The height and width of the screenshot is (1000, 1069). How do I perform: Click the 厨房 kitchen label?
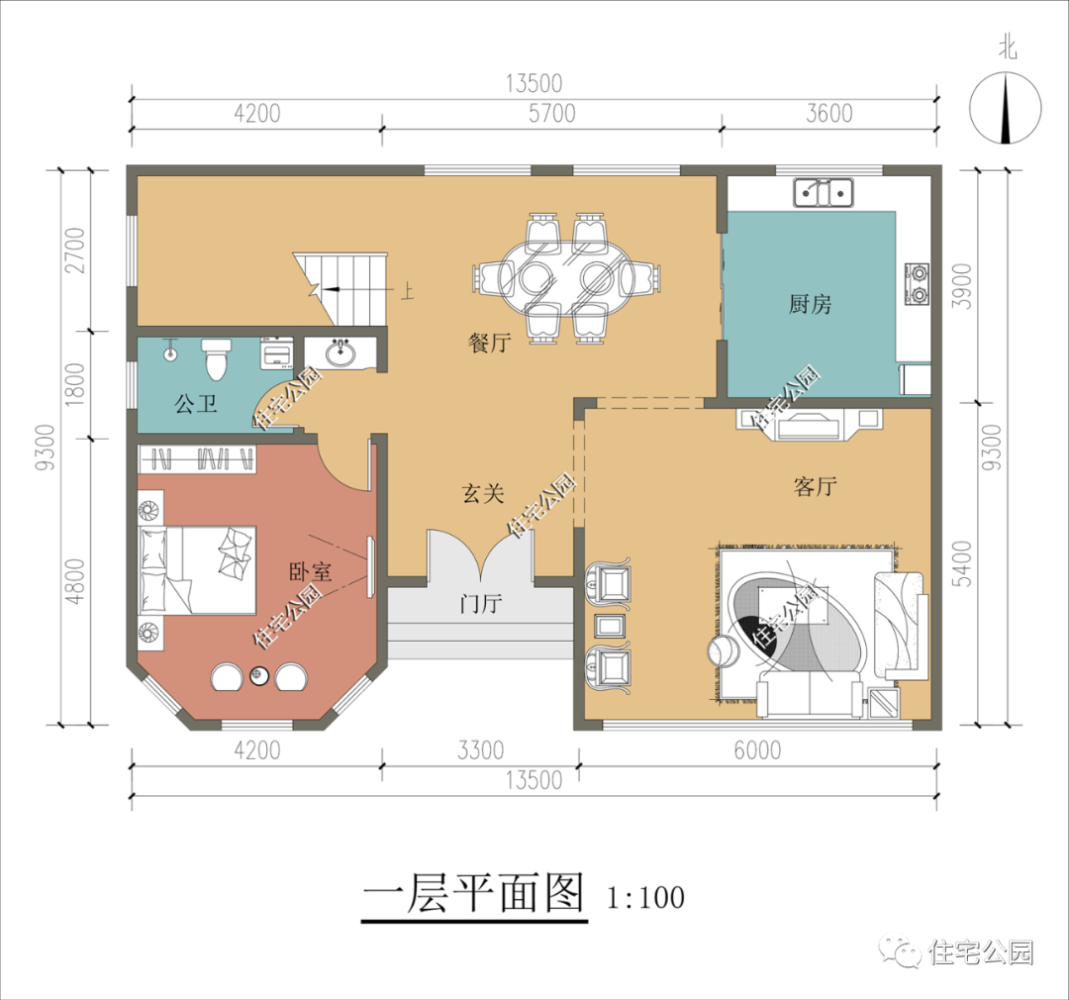pyautogui.click(x=810, y=304)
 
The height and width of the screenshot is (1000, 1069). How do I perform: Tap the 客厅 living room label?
pyautogui.click(x=816, y=486)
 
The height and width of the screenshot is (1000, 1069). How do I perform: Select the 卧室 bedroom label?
pyautogui.click(x=310, y=571)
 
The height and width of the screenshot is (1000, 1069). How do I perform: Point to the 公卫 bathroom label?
pyautogui.click(x=196, y=404)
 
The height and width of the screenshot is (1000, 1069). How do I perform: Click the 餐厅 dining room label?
pyautogui.click(x=490, y=342)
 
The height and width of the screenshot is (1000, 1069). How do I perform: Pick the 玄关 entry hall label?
pyautogui.click(x=483, y=493)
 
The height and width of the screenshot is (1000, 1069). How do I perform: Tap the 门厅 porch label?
pyautogui.click(x=481, y=603)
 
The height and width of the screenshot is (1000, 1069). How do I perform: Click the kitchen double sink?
pyautogui.click(x=824, y=192)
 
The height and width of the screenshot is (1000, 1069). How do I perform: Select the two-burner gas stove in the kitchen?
pyautogui.click(x=918, y=284)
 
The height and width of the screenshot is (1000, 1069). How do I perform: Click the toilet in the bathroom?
pyautogui.click(x=216, y=358)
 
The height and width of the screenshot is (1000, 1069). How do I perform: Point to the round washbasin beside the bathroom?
pyautogui.click(x=340, y=353)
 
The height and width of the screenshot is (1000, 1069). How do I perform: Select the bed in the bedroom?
pyautogui.click(x=198, y=570)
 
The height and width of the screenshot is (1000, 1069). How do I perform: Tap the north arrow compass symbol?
pyautogui.click(x=1006, y=109)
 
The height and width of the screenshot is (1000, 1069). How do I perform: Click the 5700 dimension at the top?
pyautogui.click(x=552, y=113)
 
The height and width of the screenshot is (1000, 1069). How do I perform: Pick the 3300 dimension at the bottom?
pyautogui.click(x=481, y=750)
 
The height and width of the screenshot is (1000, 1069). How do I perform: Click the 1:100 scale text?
pyautogui.click(x=645, y=898)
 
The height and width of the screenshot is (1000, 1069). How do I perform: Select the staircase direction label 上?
pyautogui.click(x=407, y=291)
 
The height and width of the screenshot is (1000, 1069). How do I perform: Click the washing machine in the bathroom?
pyautogui.click(x=277, y=352)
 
